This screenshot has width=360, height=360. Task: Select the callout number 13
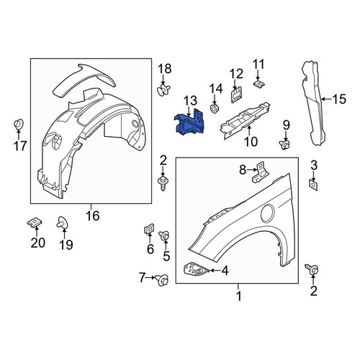[191, 101]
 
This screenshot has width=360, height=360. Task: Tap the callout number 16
[93, 215]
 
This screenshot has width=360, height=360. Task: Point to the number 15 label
[339, 99]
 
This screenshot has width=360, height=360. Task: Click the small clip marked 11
[258, 84]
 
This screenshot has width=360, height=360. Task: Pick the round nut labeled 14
[214, 108]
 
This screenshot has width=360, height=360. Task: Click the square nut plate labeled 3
[313, 184]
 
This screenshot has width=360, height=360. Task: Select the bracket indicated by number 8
[261, 172]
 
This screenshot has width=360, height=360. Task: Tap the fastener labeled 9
[285, 145]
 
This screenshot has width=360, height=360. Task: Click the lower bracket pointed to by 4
[197, 269]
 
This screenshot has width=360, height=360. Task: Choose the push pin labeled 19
[62, 222]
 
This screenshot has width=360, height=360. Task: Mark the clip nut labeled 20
[35, 222]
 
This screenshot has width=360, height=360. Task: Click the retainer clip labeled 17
[19, 125]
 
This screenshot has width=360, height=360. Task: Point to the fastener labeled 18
[163, 90]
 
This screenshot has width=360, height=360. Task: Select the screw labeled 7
[163, 280]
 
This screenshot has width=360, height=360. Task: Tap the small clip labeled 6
[149, 229]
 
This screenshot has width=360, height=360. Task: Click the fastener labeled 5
[164, 235]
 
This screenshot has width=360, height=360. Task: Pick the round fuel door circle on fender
[267, 212]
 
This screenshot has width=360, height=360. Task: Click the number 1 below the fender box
[239, 296]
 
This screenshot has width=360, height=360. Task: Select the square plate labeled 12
[236, 95]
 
